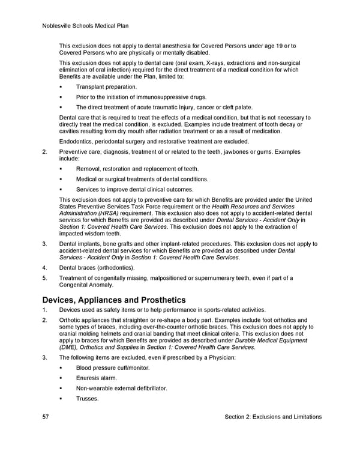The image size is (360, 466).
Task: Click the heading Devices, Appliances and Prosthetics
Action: coord(114,300)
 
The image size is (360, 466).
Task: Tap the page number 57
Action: coord(46,417)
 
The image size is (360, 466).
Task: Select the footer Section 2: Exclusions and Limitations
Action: coord(273,417)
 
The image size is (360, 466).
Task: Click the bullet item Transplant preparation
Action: coord(106,87)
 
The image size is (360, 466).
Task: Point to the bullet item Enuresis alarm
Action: coord(97,378)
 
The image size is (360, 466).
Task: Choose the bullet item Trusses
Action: coord(87,398)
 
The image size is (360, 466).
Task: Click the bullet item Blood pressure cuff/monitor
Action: coord(113,368)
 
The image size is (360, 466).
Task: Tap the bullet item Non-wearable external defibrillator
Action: coord(121,388)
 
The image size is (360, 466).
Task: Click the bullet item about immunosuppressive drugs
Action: coord(141,97)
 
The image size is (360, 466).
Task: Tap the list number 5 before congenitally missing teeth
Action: coord(45,277)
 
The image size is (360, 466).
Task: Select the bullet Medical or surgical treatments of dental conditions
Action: coord(142,179)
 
